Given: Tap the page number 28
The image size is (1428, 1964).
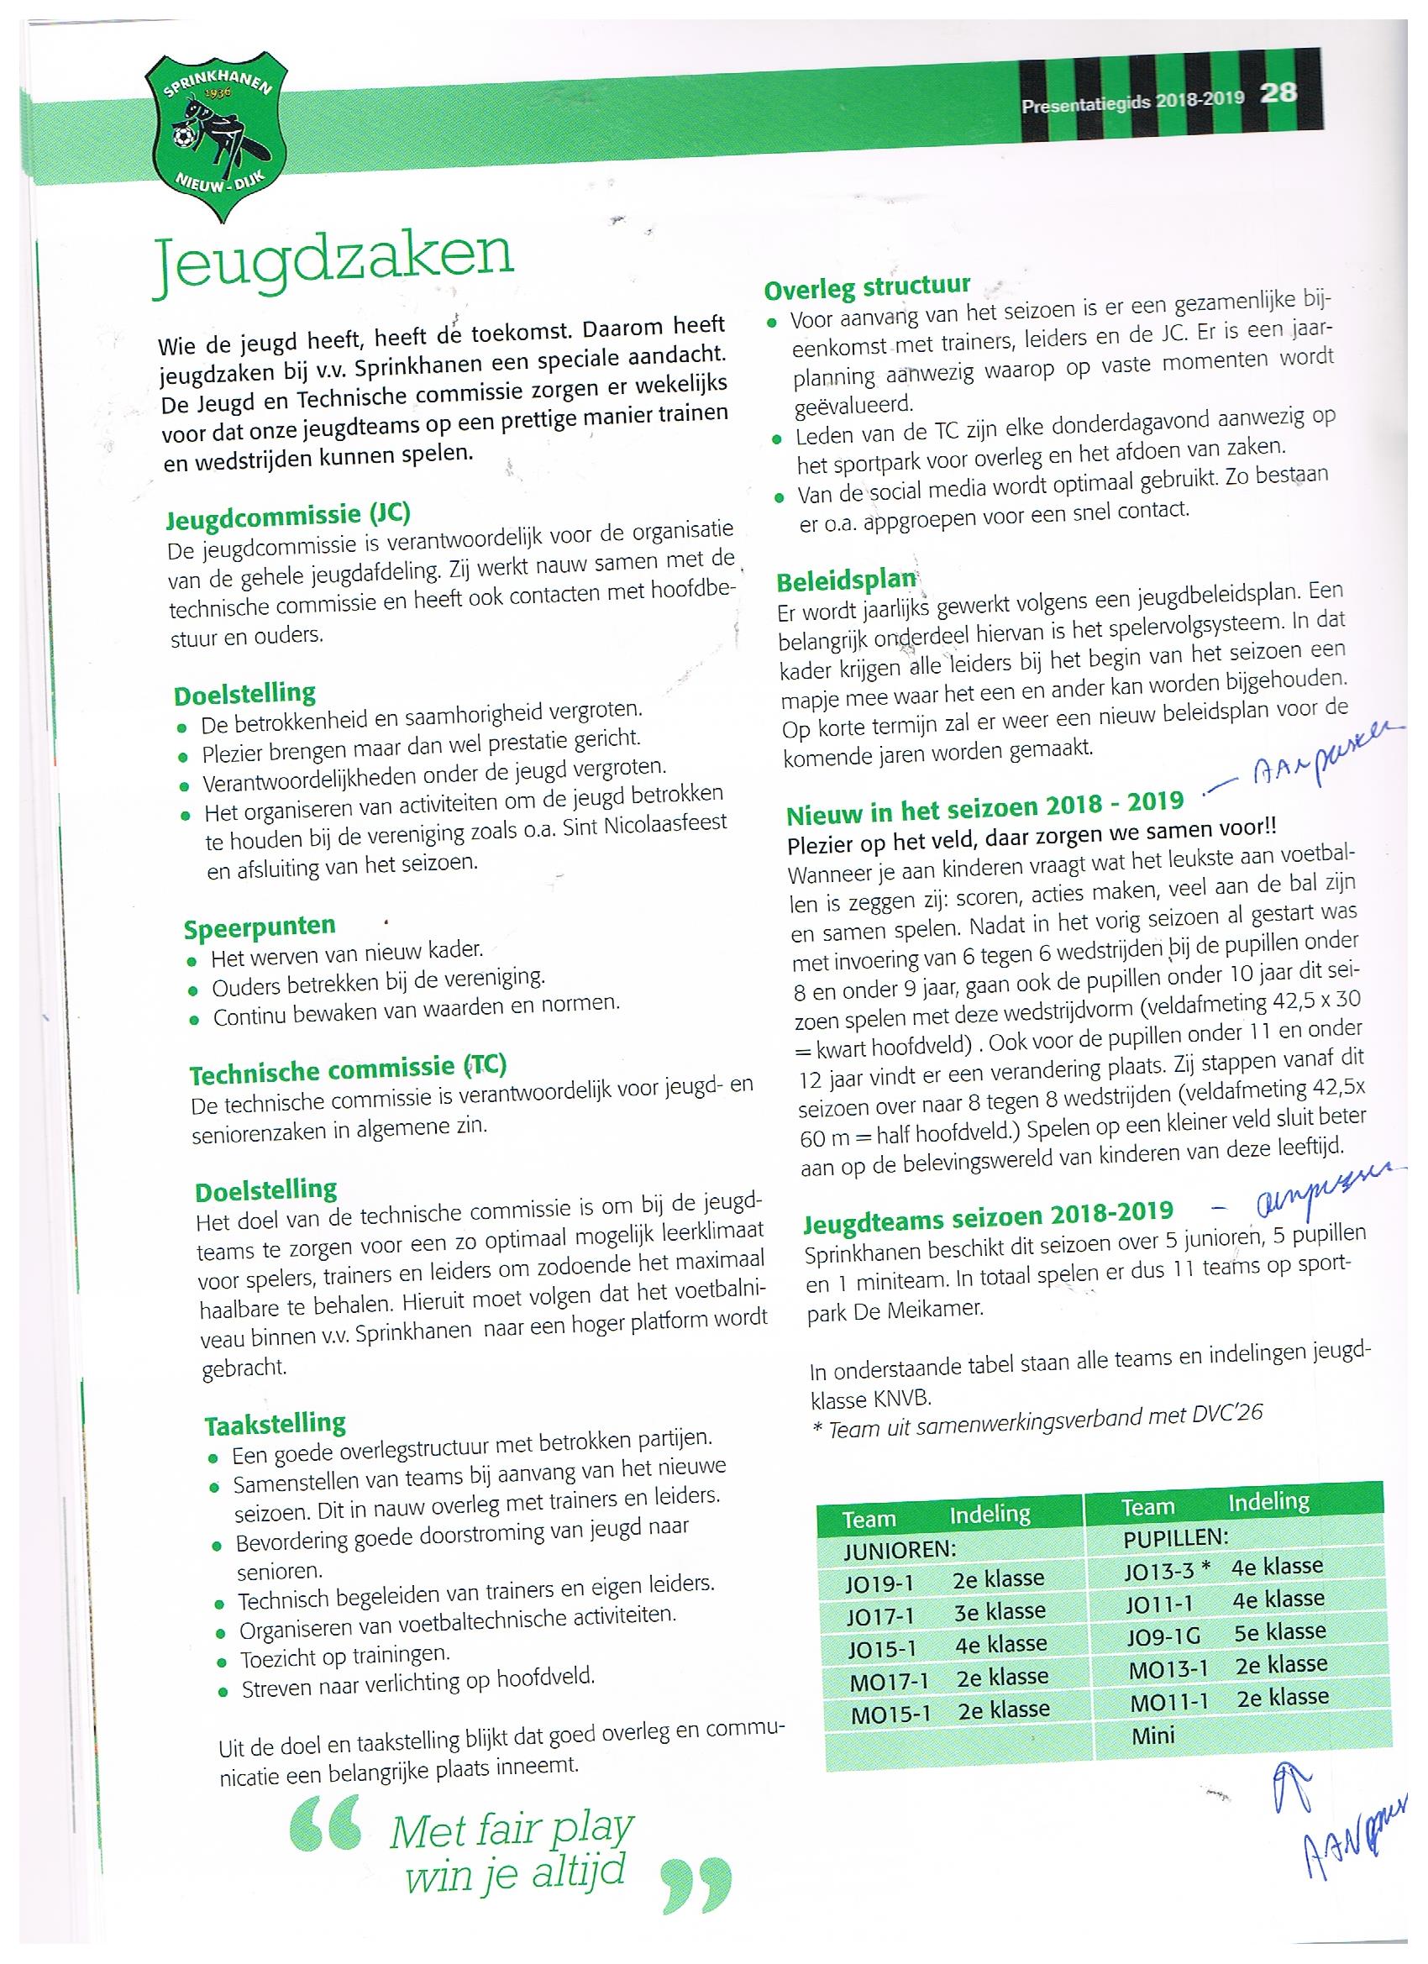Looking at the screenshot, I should (x=1278, y=92).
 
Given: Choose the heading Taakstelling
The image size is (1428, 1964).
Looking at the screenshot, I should (x=275, y=1423).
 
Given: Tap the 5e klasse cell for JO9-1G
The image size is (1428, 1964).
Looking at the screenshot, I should (x=1279, y=1631).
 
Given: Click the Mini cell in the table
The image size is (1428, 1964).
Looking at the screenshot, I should (x=1152, y=1735).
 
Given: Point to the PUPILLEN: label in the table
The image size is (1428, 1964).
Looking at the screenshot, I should (x=1175, y=1537).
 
